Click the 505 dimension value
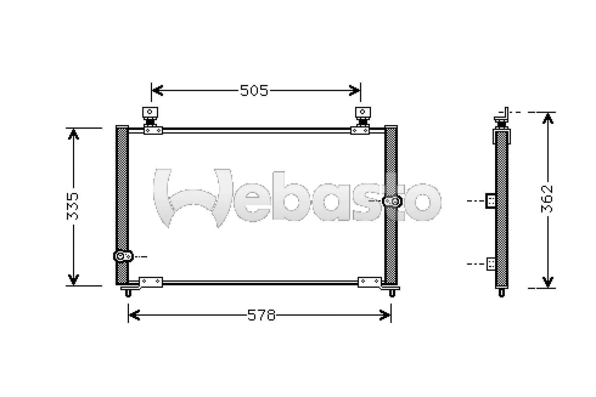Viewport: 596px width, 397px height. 254,90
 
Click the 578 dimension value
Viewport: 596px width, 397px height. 261,315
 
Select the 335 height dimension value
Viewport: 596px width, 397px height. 72,206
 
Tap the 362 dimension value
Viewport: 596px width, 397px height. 547,199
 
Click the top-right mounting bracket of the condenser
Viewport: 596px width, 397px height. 361,121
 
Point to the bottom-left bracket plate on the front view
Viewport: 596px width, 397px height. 150,282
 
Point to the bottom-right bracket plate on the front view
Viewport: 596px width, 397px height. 370,282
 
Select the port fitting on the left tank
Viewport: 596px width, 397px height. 123,256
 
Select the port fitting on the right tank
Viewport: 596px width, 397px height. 392,201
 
